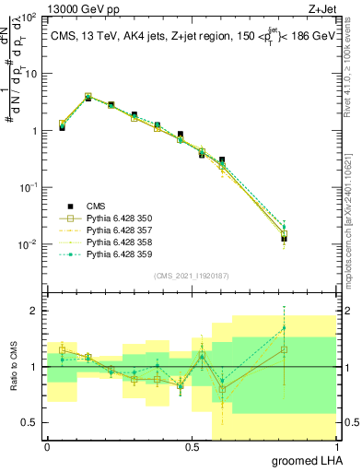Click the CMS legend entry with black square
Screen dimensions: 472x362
(96, 206)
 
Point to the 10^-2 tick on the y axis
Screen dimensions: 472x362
(28, 244)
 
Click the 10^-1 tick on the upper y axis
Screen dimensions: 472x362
(28, 187)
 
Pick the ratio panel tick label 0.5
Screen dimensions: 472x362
(30, 422)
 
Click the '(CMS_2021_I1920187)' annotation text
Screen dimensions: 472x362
(191, 275)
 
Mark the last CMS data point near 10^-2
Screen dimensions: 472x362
(284, 239)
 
